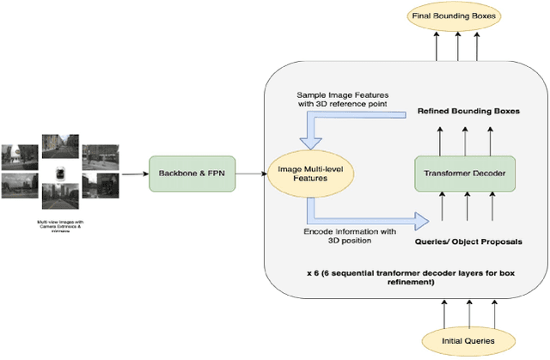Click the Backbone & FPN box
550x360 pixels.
[x=186, y=174]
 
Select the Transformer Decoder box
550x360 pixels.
[x=465, y=174]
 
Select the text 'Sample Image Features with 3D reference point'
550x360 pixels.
[x=341, y=99]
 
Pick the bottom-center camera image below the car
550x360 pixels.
[x=61, y=198]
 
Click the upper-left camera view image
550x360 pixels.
[x=21, y=156]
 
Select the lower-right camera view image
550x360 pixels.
[x=102, y=185]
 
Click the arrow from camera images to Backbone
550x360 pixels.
[x=133, y=174]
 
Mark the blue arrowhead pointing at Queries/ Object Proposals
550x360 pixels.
[x=421, y=222]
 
